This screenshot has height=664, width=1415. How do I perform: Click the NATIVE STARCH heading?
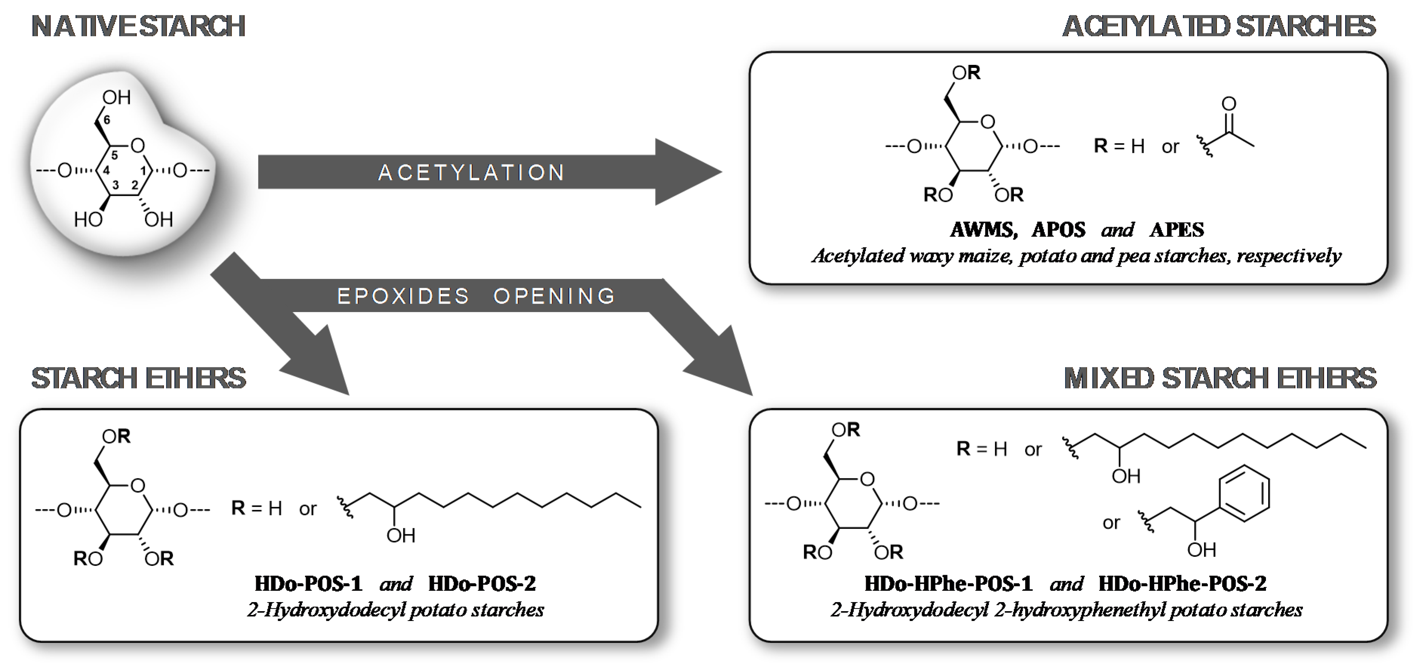point(138,26)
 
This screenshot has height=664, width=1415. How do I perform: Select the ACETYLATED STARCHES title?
point(1219,26)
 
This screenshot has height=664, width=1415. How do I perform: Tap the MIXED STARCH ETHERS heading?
point(1220,378)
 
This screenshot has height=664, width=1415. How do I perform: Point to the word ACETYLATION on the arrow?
point(471,172)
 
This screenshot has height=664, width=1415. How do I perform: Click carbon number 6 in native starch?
point(106,120)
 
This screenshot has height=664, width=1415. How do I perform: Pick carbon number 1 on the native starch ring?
point(144,171)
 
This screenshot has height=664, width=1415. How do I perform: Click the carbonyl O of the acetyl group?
point(1229,104)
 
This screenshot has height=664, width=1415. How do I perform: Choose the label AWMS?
point(983,230)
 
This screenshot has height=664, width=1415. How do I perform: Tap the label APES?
point(1177,230)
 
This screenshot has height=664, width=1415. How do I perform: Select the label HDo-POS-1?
point(308,583)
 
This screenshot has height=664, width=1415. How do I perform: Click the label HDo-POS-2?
point(482,583)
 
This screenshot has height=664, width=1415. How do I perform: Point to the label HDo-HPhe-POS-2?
point(1183,583)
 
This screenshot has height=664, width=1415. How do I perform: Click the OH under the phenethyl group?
point(1201,550)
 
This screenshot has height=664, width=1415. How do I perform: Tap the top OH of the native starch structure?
point(117,97)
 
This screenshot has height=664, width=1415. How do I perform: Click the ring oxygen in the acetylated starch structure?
point(987,122)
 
